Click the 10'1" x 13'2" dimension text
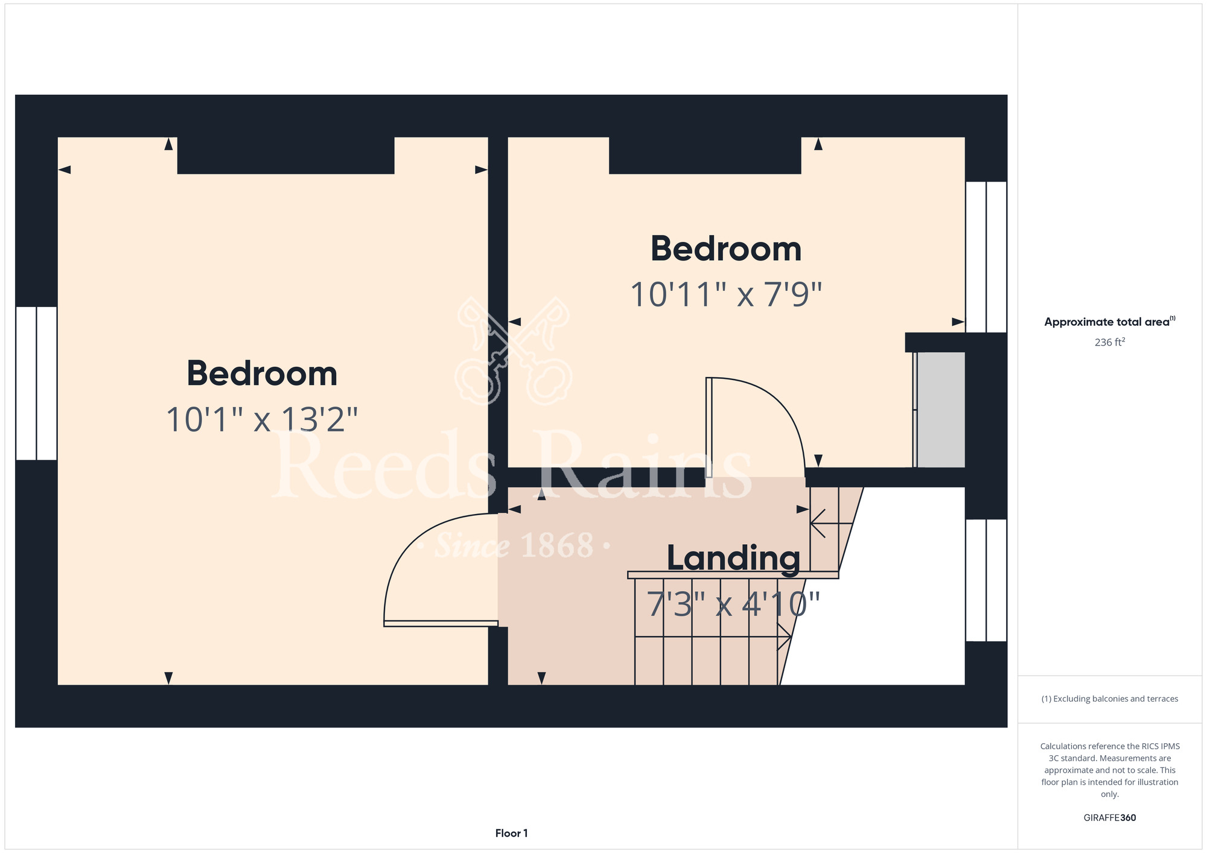pyautogui.click(x=262, y=420)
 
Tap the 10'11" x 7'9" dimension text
pyautogui.click(x=726, y=295)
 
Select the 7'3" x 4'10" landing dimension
pyautogui.click(x=733, y=604)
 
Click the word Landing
pyautogui.click(x=733, y=559)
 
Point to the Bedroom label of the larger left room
pyautogui.click(x=262, y=373)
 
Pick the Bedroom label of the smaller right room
pyautogui.click(x=726, y=249)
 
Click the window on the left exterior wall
pyautogui.click(x=36, y=383)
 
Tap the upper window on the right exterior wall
pyautogui.click(x=986, y=257)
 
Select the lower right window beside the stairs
pyautogui.click(x=986, y=580)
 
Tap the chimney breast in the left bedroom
pyautogui.click(x=285, y=156)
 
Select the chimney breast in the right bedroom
pyautogui.click(x=705, y=156)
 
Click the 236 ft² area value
pyautogui.click(x=1110, y=342)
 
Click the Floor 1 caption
pyautogui.click(x=511, y=833)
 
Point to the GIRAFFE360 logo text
pyautogui.click(x=1110, y=818)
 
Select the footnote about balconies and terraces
pyautogui.click(x=1110, y=699)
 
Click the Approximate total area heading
pyautogui.click(x=1110, y=322)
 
